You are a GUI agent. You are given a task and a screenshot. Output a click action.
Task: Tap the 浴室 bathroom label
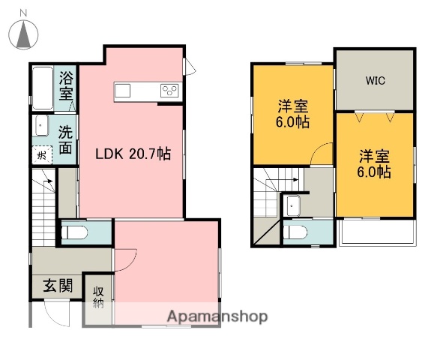coord(66,85)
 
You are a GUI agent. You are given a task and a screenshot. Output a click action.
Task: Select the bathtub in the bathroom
coord(43,88)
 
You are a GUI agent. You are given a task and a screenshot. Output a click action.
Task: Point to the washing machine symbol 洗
coord(40,155)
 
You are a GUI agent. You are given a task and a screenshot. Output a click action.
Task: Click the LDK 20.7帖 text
coord(132,154)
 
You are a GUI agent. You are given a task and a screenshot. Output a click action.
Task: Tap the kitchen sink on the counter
coord(122,91)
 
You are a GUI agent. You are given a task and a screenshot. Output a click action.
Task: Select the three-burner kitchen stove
coord(169,91)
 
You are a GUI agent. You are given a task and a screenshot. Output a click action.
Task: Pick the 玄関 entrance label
coord(57,286)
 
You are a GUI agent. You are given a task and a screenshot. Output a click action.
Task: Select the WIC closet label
coord(375,81)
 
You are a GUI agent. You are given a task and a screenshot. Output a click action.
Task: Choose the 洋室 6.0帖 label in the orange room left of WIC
coord(292,113)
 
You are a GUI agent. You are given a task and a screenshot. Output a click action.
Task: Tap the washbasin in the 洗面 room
coord(40,125)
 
